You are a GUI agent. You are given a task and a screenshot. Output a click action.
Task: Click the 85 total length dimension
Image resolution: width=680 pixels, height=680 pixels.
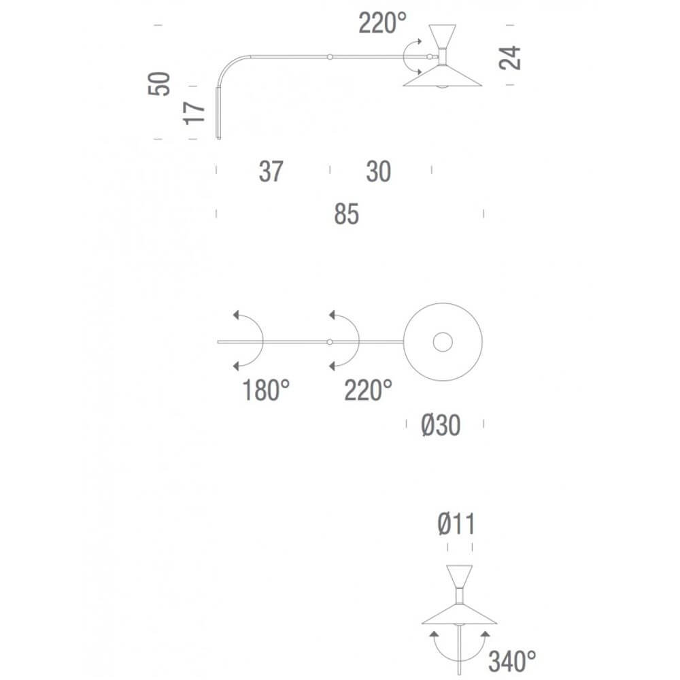(347, 214)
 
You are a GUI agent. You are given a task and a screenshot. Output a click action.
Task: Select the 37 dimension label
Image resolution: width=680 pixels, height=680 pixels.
(271, 171)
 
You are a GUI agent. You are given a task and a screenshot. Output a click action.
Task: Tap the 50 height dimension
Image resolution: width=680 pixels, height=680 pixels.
(159, 84)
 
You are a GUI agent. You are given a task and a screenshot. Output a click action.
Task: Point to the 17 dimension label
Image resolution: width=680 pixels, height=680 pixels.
(194, 113)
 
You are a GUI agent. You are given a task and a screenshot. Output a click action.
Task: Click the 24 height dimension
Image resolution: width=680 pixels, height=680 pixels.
(509, 57)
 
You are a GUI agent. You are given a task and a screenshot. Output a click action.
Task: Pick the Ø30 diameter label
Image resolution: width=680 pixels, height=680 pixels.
(441, 425)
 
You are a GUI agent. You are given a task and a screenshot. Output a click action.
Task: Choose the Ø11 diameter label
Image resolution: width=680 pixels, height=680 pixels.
(456, 524)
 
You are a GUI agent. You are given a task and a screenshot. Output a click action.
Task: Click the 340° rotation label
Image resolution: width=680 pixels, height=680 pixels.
(512, 662)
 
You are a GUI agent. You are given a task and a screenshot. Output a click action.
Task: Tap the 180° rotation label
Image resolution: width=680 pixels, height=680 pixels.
(266, 390)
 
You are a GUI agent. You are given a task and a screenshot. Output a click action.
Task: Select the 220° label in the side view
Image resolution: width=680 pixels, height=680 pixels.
(382, 23)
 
